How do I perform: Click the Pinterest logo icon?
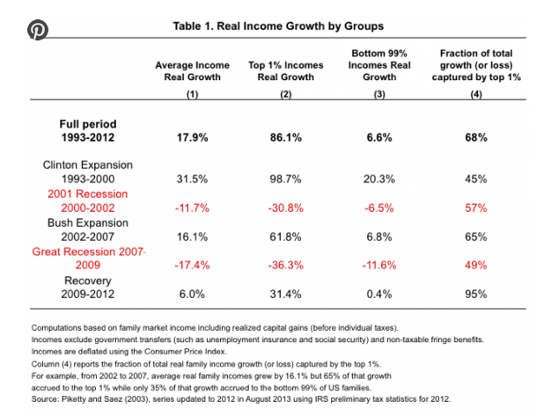pyautogui.click(x=37, y=30)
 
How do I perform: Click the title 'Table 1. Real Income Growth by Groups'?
pyautogui.click(x=278, y=26)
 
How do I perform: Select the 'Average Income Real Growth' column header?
pyautogui.click(x=192, y=71)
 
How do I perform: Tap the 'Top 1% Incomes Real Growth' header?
pyautogui.click(x=286, y=71)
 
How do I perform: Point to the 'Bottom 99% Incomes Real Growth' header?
pyautogui.click(x=379, y=65)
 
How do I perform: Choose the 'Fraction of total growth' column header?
pyautogui.click(x=476, y=65)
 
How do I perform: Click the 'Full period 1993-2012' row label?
pyautogui.click(x=88, y=130)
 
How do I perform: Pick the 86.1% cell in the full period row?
pyautogui.click(x=286, y=137)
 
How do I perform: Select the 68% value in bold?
pyautogui.click(x=476, y=137)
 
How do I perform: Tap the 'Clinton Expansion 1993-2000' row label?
pyautogui.click(x=88, y=172)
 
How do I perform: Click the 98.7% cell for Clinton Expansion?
pyautogui.click(x=285, y=179)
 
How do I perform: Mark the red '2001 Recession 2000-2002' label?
pyautogui.click(x=88, y=201)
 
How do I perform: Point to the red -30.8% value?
pyautogui.click(x=286, y=208)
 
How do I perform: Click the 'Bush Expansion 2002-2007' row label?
pyautogui.click(x=88, y=230)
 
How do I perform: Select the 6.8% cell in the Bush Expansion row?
pyautogui.click(x=379, y=237)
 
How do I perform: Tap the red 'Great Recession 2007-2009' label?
pyautogui.click(x=89, y=258)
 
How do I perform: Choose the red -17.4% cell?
pyautogui.click(x=192, y=265)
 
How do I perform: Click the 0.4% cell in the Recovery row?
pyautogui.click(x=379, y=294)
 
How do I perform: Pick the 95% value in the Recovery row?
pyautogui.click(x=476, y=294)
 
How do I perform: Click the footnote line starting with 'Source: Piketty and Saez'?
pyautogui.click(x=240, y=399)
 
